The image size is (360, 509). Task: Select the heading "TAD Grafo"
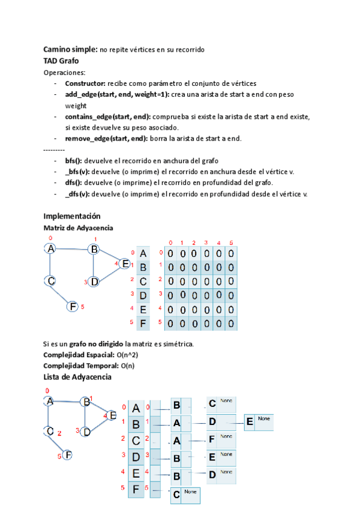pyautogui.click(x=61, y=61)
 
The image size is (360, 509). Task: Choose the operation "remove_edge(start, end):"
pyautogui.click(x=103, y=139)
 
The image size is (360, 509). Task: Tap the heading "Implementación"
pyautogui.click(x=72, y=216)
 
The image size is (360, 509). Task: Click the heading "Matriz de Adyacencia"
pyautogui.click(x=78, y=228)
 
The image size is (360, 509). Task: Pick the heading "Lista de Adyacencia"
pyautogui.click(x=77, y=377)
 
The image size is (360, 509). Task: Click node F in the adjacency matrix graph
pyautogui.click(x=73, y=306)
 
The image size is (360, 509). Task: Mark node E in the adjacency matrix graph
pyautogui.click(x=124, y=263)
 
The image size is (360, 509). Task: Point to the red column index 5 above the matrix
pyautogui.click(x=231, y=242)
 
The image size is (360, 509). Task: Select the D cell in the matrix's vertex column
pyautogui.click(x=143, y=295)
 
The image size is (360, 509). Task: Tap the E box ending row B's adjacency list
pyautogui.click(x=250, y=423)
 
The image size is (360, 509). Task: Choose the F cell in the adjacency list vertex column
pyautogui.click(x=136, y=489)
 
